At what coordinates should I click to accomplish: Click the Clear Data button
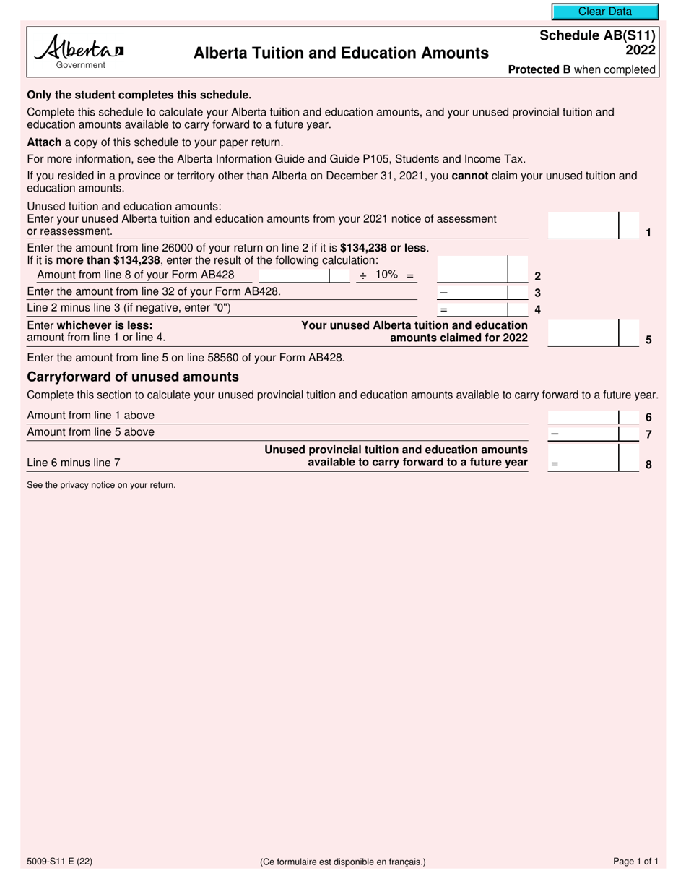point(605,12)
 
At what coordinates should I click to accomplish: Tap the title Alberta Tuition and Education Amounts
point(341,53)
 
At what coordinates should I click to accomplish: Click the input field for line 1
point(583,225)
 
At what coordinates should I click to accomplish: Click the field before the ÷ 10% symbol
point(293,275)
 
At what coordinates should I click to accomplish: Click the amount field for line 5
point(583,332)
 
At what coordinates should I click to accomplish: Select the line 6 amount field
point(583,416)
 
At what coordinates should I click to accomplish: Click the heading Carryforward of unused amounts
point(133,377)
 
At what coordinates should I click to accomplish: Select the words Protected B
point(539,70)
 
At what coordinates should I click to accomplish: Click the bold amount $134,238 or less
point(383,248)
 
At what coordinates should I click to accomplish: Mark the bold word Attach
point(44,142)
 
